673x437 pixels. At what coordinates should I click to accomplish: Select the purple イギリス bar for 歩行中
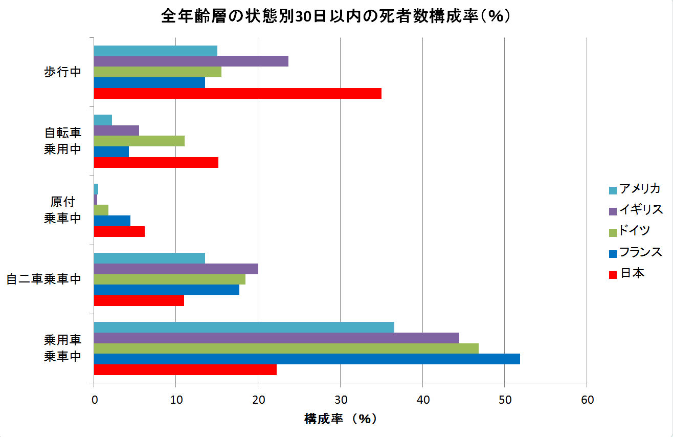191,61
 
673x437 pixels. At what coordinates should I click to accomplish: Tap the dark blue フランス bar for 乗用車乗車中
307,359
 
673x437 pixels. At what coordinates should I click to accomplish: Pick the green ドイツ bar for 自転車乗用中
139,141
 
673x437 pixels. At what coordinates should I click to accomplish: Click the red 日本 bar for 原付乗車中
119,231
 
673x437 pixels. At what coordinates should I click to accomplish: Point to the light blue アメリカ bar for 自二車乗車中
149,258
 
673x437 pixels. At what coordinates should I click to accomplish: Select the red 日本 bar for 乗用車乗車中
185,369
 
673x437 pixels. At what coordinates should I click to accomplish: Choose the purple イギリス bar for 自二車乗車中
176,269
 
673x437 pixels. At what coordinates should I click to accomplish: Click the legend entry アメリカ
639,189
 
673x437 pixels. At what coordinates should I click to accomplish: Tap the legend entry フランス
640,252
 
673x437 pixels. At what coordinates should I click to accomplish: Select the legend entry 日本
632,273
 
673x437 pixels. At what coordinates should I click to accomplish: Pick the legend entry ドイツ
634,231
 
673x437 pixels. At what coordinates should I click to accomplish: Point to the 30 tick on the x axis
340,400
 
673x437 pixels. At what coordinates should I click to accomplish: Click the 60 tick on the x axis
587,400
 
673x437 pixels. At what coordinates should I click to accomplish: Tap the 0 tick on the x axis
94,400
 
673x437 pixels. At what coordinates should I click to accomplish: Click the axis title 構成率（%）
340,419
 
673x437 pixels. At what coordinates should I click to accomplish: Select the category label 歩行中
62,72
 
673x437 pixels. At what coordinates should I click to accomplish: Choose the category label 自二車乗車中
44,279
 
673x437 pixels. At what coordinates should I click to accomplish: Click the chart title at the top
336,16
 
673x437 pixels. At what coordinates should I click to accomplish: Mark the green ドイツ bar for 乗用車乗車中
286,348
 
